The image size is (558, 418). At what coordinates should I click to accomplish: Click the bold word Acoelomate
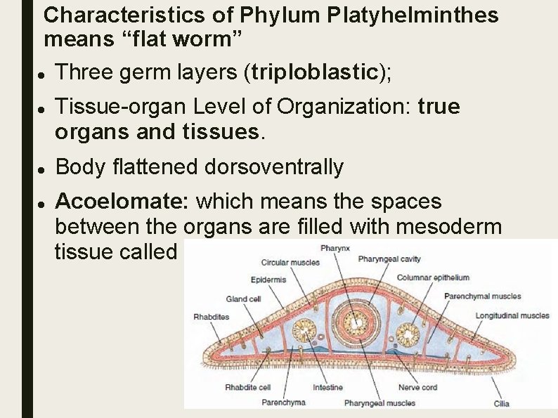click(x=121, y=202)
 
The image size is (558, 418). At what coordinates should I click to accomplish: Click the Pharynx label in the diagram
click(x=335, y=248)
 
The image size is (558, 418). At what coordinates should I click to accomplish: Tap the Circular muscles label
click(x=290, y=263)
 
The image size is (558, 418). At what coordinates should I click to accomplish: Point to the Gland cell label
click(x=243, y=299)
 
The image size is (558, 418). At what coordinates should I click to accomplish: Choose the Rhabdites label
click(x=211, y=317)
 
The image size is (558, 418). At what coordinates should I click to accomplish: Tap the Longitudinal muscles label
click(x=512, y=316)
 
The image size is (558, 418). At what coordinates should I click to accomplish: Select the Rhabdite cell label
click(x=247, y=387)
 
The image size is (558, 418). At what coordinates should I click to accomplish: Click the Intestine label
click(x=327, y=387)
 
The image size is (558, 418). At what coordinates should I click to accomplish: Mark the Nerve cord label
click(x=417, y=387)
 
